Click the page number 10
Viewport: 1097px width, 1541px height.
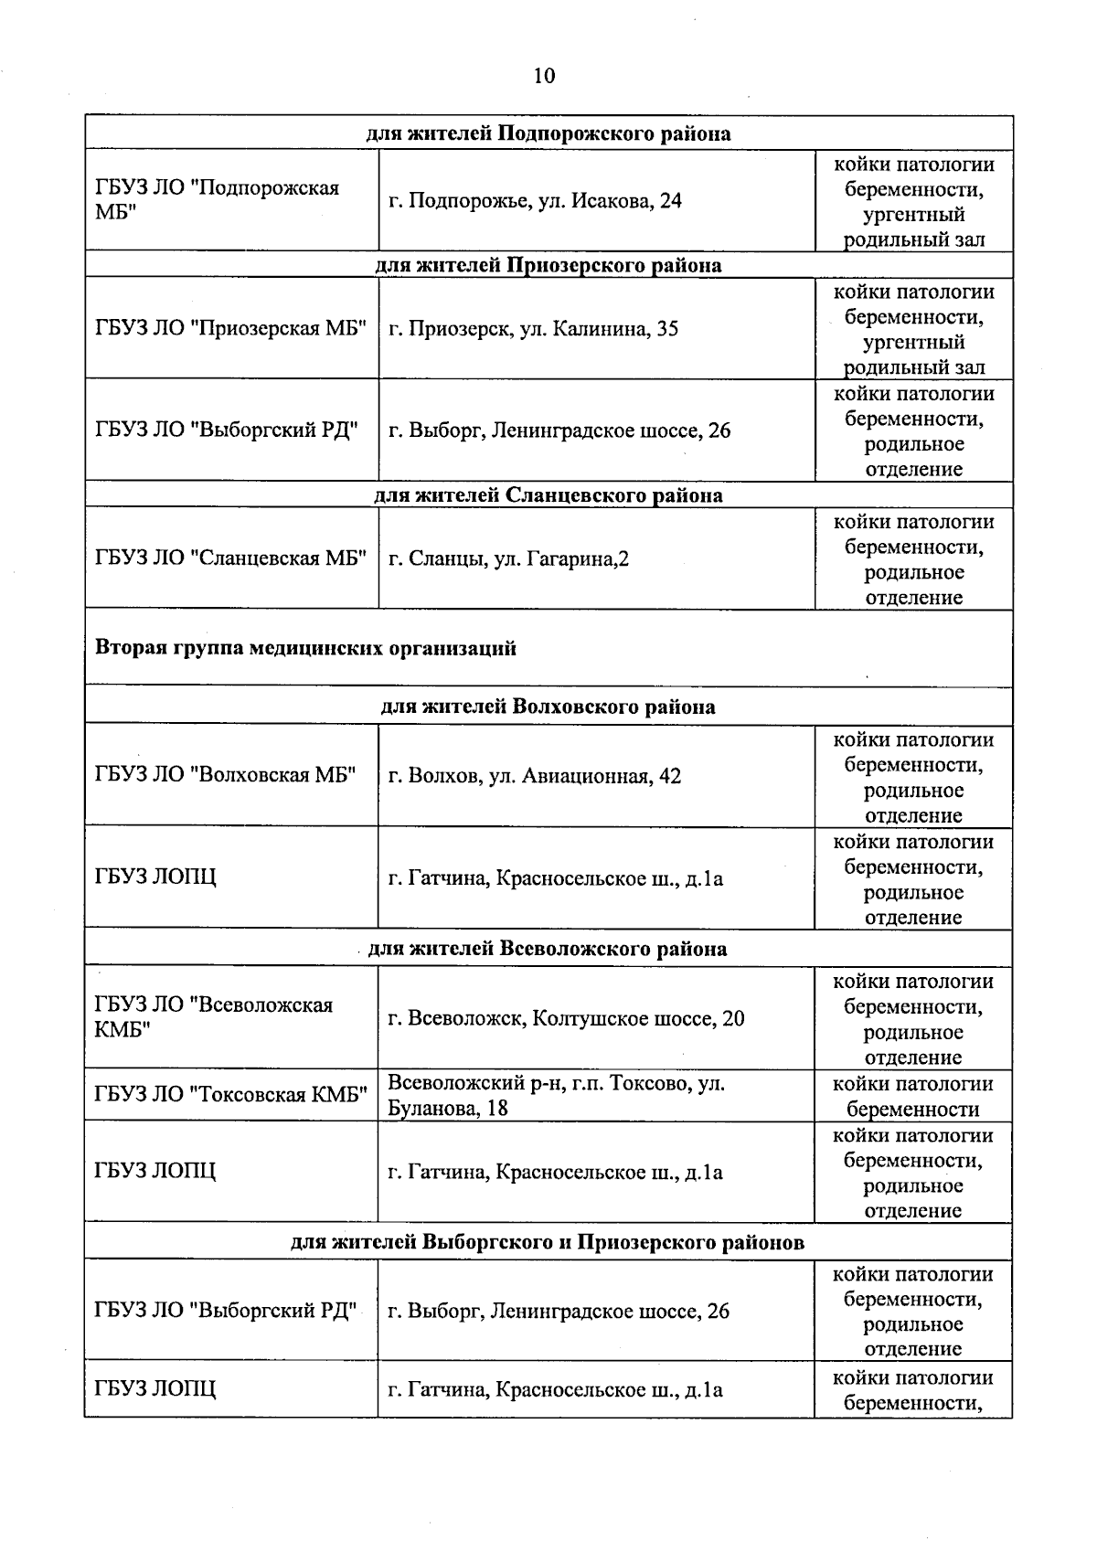544,76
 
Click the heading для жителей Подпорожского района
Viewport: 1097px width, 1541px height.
548,134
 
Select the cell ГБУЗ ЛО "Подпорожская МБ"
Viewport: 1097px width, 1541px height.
217,200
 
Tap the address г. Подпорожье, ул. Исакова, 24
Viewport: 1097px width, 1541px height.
535,201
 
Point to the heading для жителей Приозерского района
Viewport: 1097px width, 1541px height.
548,266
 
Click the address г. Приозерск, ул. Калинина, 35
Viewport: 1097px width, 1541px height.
533,329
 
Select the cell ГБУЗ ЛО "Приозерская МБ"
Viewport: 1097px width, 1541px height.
230,329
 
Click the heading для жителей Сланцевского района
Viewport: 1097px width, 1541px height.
548,495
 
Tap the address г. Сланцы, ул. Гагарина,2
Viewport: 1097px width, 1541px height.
508,558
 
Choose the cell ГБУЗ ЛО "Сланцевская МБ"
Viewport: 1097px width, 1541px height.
230,558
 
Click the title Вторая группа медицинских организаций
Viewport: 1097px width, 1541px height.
305,648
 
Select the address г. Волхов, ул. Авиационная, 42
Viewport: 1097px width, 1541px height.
534,776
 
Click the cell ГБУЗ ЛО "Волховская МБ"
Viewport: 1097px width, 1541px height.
225,775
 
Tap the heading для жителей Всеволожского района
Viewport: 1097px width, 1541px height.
547,949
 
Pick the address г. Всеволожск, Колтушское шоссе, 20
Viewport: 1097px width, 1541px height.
566,1018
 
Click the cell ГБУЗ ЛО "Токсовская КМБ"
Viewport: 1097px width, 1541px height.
230,1095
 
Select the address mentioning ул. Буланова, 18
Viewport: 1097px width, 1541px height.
556,1096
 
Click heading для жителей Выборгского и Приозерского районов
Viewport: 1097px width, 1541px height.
548,1243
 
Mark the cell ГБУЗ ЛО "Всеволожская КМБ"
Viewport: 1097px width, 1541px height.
214,1017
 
